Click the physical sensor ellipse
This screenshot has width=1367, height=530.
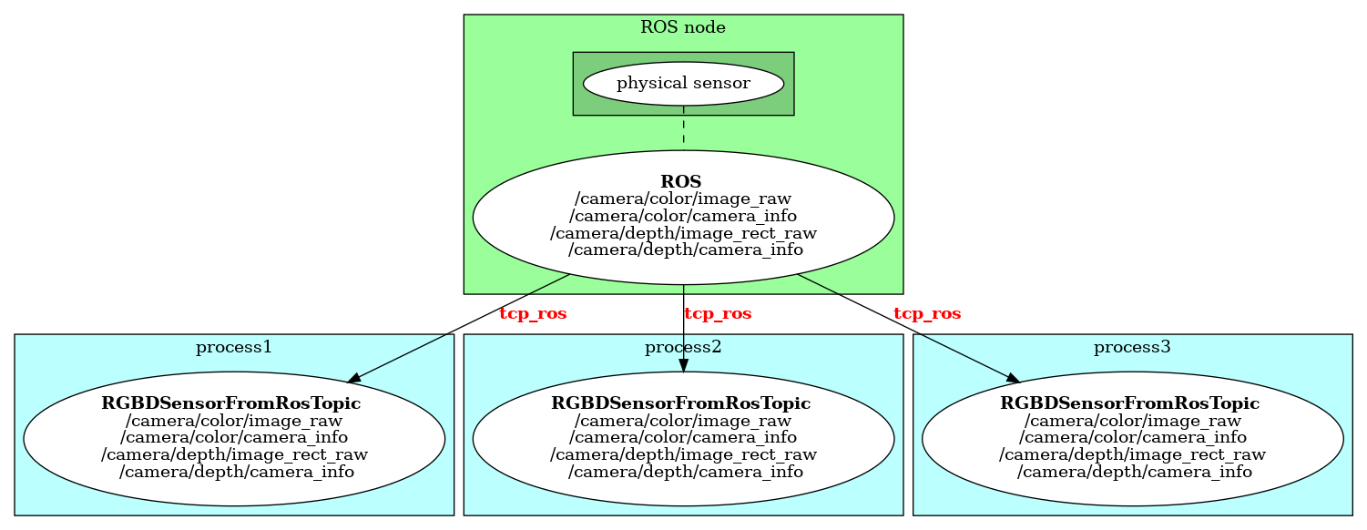(683, 84)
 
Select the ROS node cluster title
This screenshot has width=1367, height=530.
(683, 27)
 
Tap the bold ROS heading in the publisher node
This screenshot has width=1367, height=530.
(683, 181)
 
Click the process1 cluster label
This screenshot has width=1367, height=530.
(234, 347)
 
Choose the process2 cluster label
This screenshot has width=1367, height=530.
(683, 347)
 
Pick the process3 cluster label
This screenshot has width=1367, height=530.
(1132, 347)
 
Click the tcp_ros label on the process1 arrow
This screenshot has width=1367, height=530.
(533, 314)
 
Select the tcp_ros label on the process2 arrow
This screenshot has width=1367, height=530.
(718, 314)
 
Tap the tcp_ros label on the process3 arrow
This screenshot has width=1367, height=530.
(927, 314)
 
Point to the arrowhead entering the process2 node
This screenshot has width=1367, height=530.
(683, 365)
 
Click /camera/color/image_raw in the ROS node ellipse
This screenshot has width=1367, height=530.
(683, 199)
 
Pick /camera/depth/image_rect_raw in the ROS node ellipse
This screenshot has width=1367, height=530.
(683, 233)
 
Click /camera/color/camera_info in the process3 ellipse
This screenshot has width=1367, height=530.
(1133, 438)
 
